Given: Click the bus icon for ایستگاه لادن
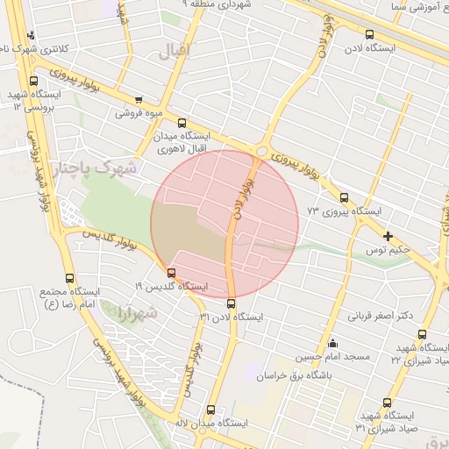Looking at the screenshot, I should click(x=369, y=35).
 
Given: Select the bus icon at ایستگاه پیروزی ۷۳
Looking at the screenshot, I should click(x=343, y=197).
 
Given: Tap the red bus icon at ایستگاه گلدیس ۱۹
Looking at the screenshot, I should click(x=171, y=273).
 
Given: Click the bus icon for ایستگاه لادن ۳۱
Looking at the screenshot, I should click(x=231, y=303).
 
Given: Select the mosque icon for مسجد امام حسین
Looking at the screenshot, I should click(x=331, y=343).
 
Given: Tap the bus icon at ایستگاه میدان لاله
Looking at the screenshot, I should click(x=210, y=410).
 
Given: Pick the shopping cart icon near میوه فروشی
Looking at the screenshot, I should click(x=139, y=100).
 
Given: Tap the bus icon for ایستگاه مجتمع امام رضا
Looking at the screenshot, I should click(x=69, y=278).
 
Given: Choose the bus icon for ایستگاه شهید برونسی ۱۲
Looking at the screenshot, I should click(x=34, y=81).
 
